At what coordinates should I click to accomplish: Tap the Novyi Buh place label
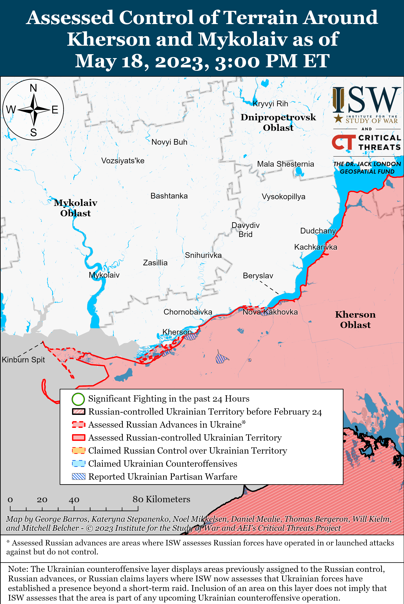point(169,142)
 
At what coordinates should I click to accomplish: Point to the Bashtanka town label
point(169,196)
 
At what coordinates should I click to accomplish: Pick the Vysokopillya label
point(283,197)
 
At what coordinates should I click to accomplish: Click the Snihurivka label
point(203,255)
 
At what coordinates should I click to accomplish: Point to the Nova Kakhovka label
point(270,312)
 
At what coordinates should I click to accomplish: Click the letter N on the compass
point(33,88)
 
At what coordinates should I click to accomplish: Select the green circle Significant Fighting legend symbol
point(78,399)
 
